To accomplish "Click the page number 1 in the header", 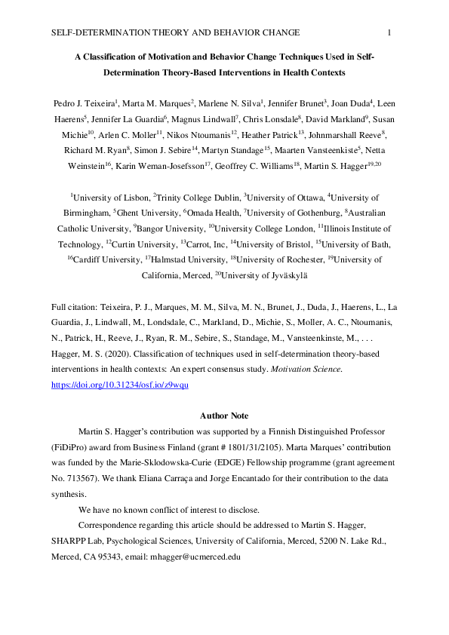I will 389,32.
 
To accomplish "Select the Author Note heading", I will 224,416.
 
